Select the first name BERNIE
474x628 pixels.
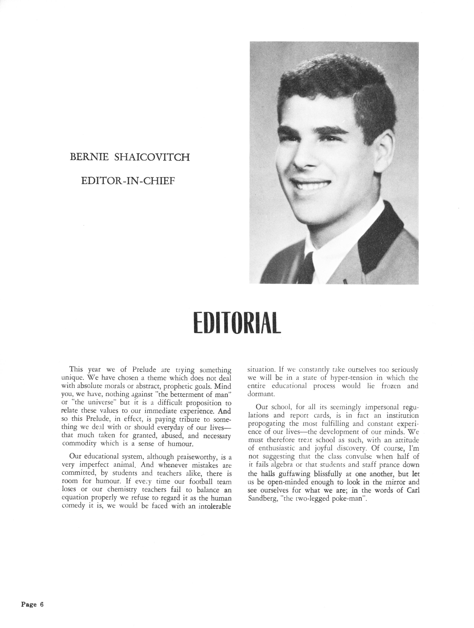(89, 157)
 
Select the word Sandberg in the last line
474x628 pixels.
(261, 499)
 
